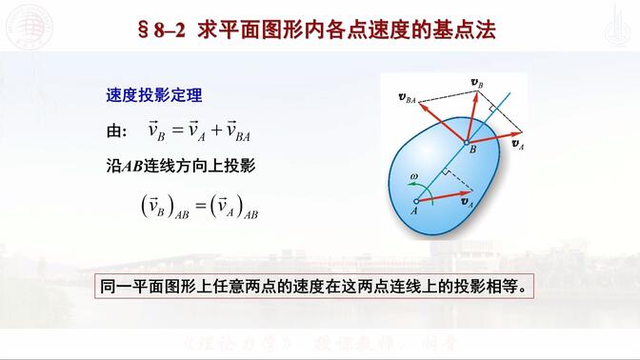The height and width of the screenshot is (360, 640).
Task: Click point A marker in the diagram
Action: [x=415, y=201]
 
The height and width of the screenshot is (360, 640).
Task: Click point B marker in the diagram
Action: [x=467, y=140]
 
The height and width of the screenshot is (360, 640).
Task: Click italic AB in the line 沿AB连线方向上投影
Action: [x=133, y=165]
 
